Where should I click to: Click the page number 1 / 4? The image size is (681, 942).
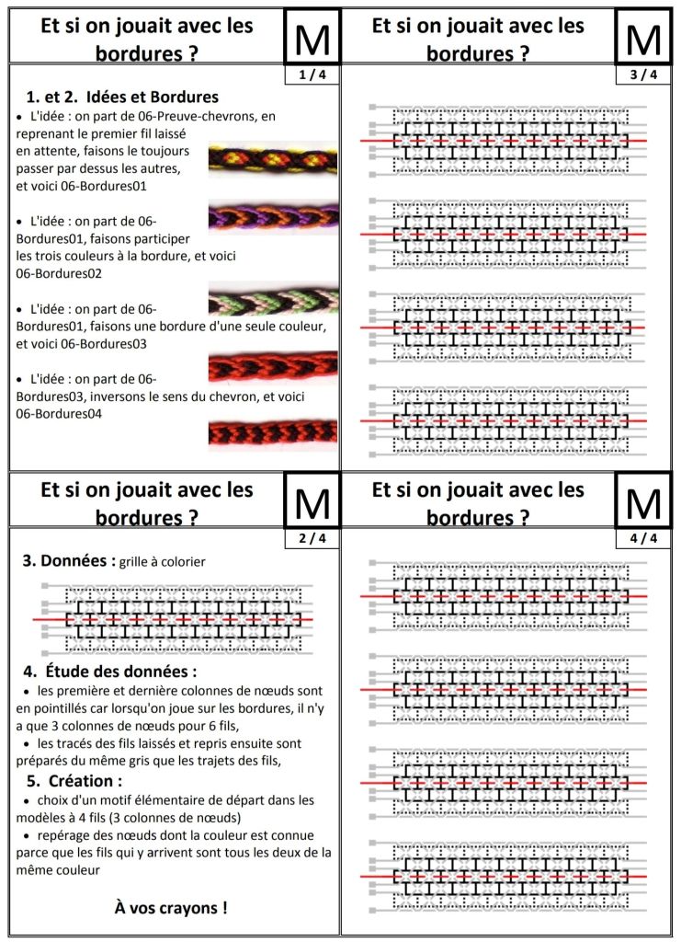[x=312, y=75]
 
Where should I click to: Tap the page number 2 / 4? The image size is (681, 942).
[x=312, y=538]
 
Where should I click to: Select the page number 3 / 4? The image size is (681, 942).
[x=643, y=75]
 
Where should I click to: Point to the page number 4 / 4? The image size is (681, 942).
[x=643, y=538]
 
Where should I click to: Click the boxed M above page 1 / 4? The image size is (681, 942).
[x=312, y=38]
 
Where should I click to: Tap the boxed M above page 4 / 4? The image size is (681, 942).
[x=643, y=501]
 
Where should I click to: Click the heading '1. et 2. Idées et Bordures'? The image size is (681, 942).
[x=122, y=97]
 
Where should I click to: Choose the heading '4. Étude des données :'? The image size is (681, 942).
[x=110, y=672]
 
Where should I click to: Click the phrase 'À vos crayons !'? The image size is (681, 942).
[x=171, y=908]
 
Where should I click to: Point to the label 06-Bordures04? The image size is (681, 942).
[x=59, y=414]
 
